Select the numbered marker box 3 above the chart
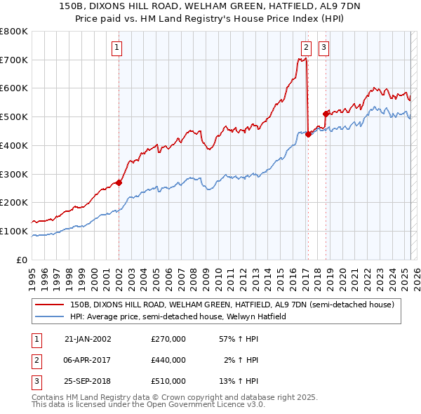click(323, 48)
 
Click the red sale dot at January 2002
click(119, 183)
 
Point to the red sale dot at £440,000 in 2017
click(308, 135)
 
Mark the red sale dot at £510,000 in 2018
click(326, 114)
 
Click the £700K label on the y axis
click(14, 60)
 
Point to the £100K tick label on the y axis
click(14, 231)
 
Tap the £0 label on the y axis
click(21, 260)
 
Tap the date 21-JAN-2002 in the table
click(88, 339)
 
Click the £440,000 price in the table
click(168, 360)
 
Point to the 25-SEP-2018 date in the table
click(88, 381)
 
